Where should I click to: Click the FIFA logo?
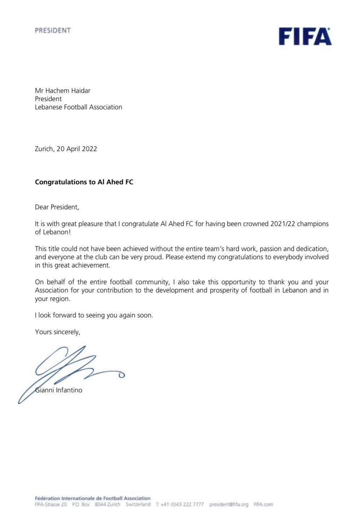click(305, 36)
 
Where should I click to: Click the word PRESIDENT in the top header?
click(53, 31)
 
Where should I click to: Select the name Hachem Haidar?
click(67, 90)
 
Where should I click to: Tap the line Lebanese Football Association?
click(78, 107)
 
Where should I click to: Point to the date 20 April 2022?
click(76, 148)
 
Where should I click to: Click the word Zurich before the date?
click(44, 148)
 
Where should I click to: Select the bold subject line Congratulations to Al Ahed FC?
click(84, 182)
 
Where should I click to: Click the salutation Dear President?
click(57, 207)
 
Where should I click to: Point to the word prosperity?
click(226, 290)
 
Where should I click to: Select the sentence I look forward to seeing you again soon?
click(94, 315)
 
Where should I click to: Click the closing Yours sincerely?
click(57, 332)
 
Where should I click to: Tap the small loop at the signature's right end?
click(122, 375)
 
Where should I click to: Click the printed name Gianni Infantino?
click(59, 390)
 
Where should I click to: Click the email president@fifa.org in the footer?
click(229, 505)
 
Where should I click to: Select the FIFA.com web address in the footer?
click(263, 505)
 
